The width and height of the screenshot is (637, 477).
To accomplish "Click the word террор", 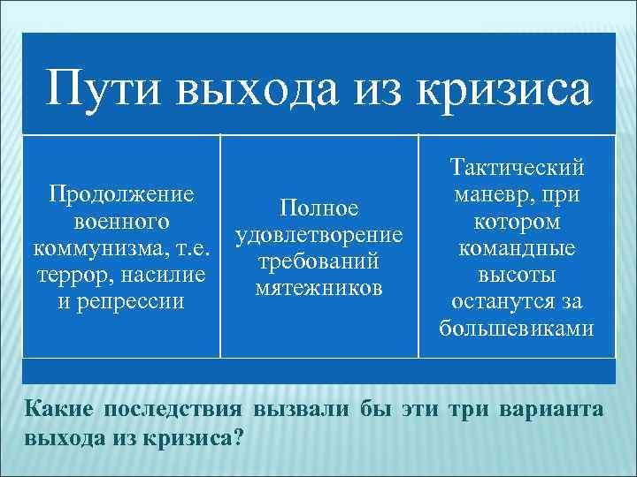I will [x=74, y=275].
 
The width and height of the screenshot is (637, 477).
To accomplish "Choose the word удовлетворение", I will [x=319, y=234].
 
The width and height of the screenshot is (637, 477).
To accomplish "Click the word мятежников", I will [x=319, y=289].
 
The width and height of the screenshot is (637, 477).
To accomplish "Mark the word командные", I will [x=517, y=247].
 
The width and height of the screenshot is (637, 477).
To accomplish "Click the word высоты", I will [x=517, y=275].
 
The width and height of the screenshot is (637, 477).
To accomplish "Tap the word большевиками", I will [x=517, y=329].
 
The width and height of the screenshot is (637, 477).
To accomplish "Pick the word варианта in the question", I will [x=553, y=410].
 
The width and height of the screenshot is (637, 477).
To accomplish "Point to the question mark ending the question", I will [x=241, y=437].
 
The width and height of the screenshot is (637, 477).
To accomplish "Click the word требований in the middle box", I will [x=319, y=261].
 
